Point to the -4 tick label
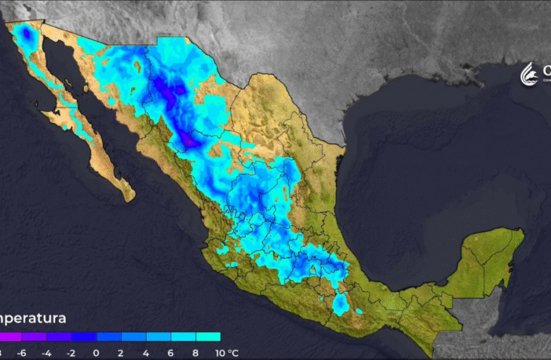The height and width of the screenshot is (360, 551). (46, 353)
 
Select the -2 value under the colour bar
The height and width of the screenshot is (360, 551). (71, 353)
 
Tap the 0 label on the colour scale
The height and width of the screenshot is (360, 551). (96, 353)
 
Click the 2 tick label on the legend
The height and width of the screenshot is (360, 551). (121, 353)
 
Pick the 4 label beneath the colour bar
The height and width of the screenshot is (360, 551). (146, 353)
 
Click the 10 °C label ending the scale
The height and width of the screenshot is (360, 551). (224, 353)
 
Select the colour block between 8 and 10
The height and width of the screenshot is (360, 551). (209, 337)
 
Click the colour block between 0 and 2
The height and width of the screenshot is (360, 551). (108, 337)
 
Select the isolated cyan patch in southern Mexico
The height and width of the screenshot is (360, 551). (341, 304)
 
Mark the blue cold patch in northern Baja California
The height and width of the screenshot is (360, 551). (25, 35)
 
